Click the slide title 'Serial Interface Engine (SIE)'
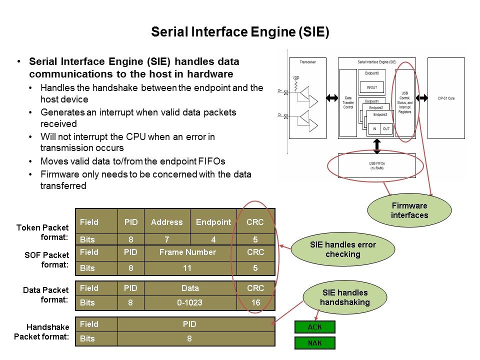(240, 33)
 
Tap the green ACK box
(315, 327)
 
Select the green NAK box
(315, 343)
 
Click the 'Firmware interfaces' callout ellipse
(410, 209)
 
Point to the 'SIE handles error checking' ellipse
(343, 249)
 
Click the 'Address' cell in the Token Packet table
(167, 222)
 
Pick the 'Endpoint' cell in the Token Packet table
(213, 222)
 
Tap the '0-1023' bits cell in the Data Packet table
(190, 302)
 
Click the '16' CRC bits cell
(255, 302)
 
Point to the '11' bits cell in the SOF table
(187, 268)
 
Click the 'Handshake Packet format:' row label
(42, 332)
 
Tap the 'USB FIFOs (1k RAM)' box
(377, 166)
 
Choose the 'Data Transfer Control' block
(348, 103)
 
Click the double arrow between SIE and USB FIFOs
(377, 145)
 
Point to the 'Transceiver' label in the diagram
(307, 62)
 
